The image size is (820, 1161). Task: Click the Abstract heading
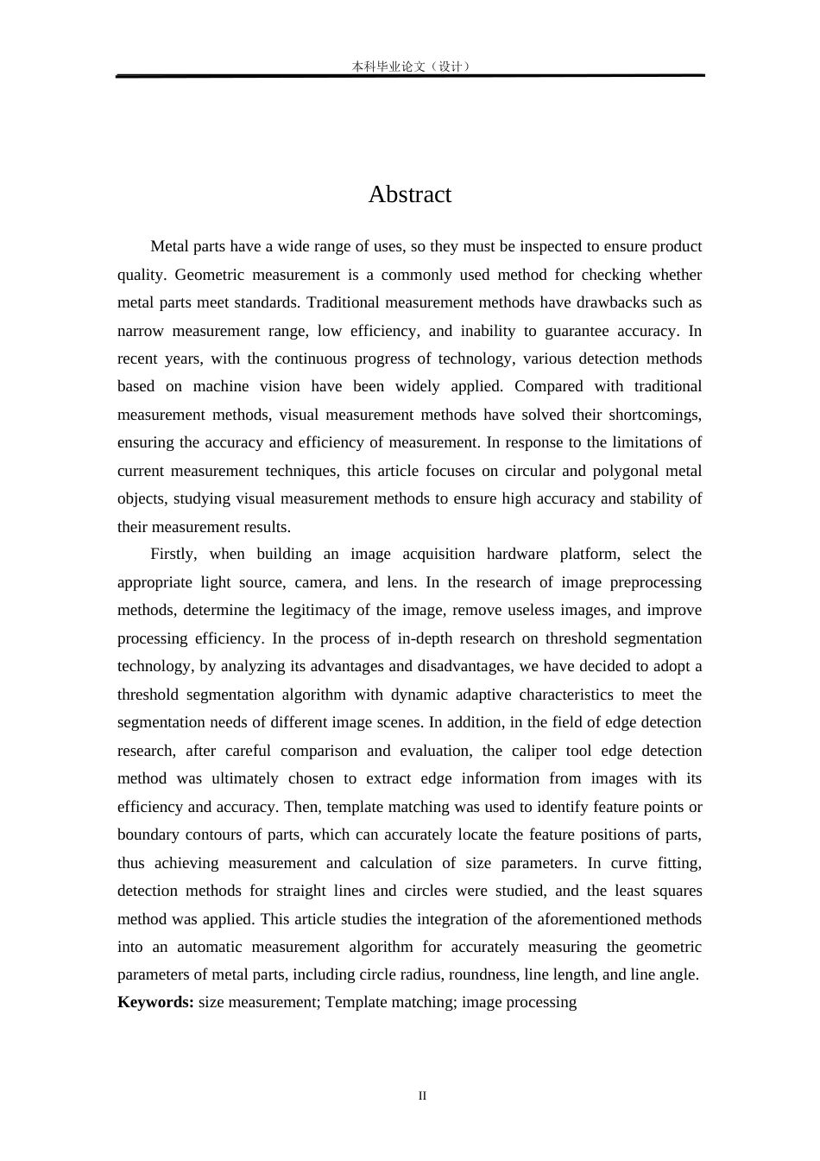point(409,194)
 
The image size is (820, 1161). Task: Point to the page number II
point(422,1096)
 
